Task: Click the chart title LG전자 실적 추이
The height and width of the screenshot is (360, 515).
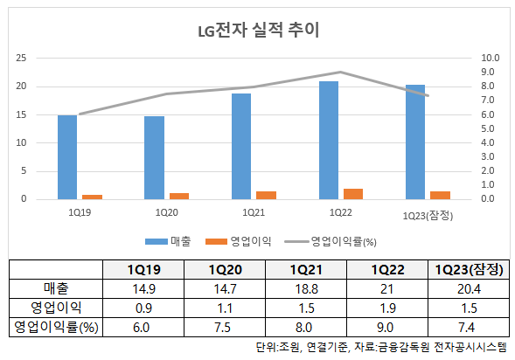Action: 257,32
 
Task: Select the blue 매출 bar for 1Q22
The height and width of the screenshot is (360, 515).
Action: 329,140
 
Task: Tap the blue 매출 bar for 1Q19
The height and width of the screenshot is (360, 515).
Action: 67,157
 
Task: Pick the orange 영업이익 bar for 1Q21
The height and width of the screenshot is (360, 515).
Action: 266,195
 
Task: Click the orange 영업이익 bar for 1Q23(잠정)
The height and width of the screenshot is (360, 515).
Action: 440,195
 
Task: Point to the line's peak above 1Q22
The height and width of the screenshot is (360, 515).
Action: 340,73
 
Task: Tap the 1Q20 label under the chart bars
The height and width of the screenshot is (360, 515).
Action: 166,212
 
